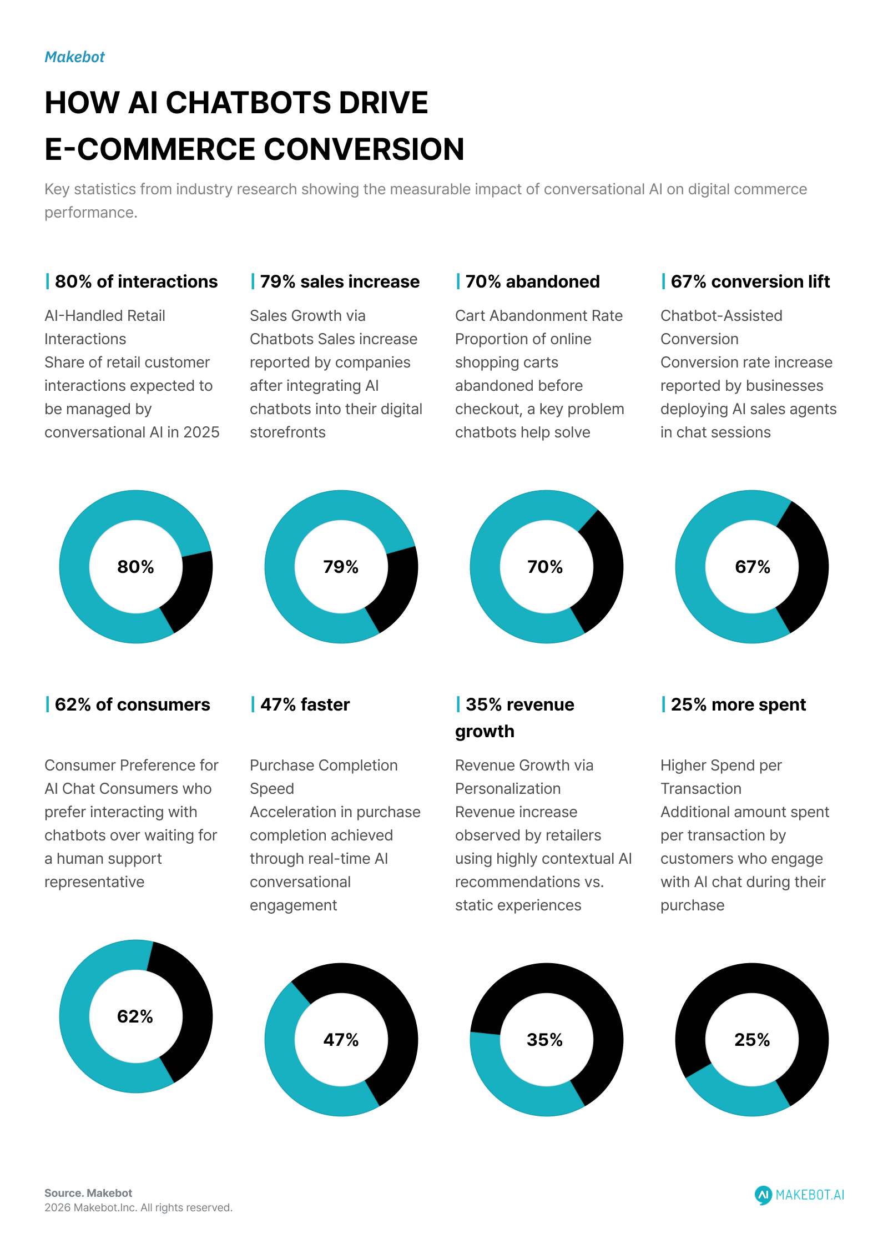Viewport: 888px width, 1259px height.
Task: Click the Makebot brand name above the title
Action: pyautogui.click(x=74, y=57)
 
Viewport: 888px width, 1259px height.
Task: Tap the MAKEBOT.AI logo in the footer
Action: pyautogui.click(x=799, y=1195)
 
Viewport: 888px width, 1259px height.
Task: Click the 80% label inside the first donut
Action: pyautogui.click(x=135, y=567)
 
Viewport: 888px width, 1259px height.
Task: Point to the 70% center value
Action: pyautogui.click(x=545, y=567)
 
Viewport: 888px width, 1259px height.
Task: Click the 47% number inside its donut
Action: pyautogui.click(x=341, y=1040)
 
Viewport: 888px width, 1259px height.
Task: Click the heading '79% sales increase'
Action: pyautogui.click(x=340, y=281)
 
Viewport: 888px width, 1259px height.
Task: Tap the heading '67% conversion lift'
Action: pyautogui.click(x=750, y=281)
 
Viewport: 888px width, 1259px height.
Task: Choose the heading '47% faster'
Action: pyautogui.click(x=305, y=704)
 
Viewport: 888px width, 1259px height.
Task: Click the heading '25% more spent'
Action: pyautogui.click(x=738, y=704)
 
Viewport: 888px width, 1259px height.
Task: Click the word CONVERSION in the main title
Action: pyautogui.click(x=364, y=149)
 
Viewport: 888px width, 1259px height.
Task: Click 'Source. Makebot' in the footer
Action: pyautogui.click(x=88, y=1193)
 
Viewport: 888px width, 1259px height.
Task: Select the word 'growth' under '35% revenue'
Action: pyautogui.click(x=485, y=732)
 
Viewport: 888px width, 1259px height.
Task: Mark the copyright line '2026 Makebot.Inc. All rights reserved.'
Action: pyautogui.click(x=138, y=1207)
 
